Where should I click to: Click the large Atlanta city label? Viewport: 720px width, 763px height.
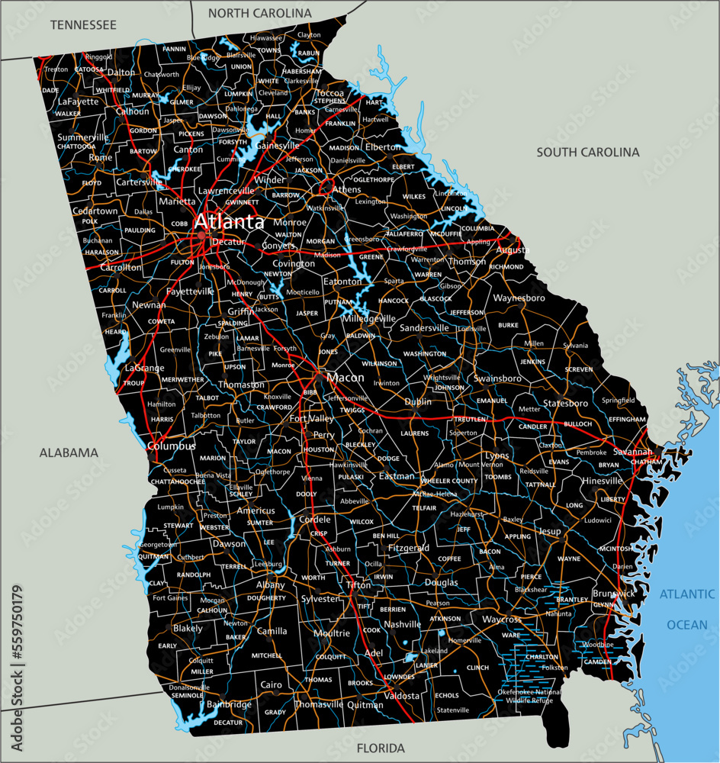[229, 222]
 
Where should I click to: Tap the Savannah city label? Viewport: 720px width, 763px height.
[632, 452]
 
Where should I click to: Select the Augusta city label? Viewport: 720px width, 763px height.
[513, 250]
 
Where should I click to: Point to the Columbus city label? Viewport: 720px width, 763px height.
[171, 446]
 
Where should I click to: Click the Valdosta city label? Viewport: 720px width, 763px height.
[402, 696]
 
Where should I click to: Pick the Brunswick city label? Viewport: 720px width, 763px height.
[613, 594]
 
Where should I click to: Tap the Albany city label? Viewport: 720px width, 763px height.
[270, 585]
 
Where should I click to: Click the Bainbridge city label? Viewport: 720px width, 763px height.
[229, 704]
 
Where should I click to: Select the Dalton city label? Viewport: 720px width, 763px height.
[121, 72]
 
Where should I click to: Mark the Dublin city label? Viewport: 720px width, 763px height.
[418, 401]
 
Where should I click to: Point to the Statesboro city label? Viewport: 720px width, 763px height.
[566, 403]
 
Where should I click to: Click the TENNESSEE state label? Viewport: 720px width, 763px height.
[83, 25]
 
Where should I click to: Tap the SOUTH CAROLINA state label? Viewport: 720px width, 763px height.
[587, 153]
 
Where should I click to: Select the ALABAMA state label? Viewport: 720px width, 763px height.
[69, 452]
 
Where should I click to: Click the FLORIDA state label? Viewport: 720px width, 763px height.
[380, 748]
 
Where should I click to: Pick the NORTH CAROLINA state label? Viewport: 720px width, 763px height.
[260, 13]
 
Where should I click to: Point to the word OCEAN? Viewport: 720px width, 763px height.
[687, 625]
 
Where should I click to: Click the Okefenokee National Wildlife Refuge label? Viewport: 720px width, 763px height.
[529, 696]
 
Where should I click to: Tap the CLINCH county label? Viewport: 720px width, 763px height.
[477, 668]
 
